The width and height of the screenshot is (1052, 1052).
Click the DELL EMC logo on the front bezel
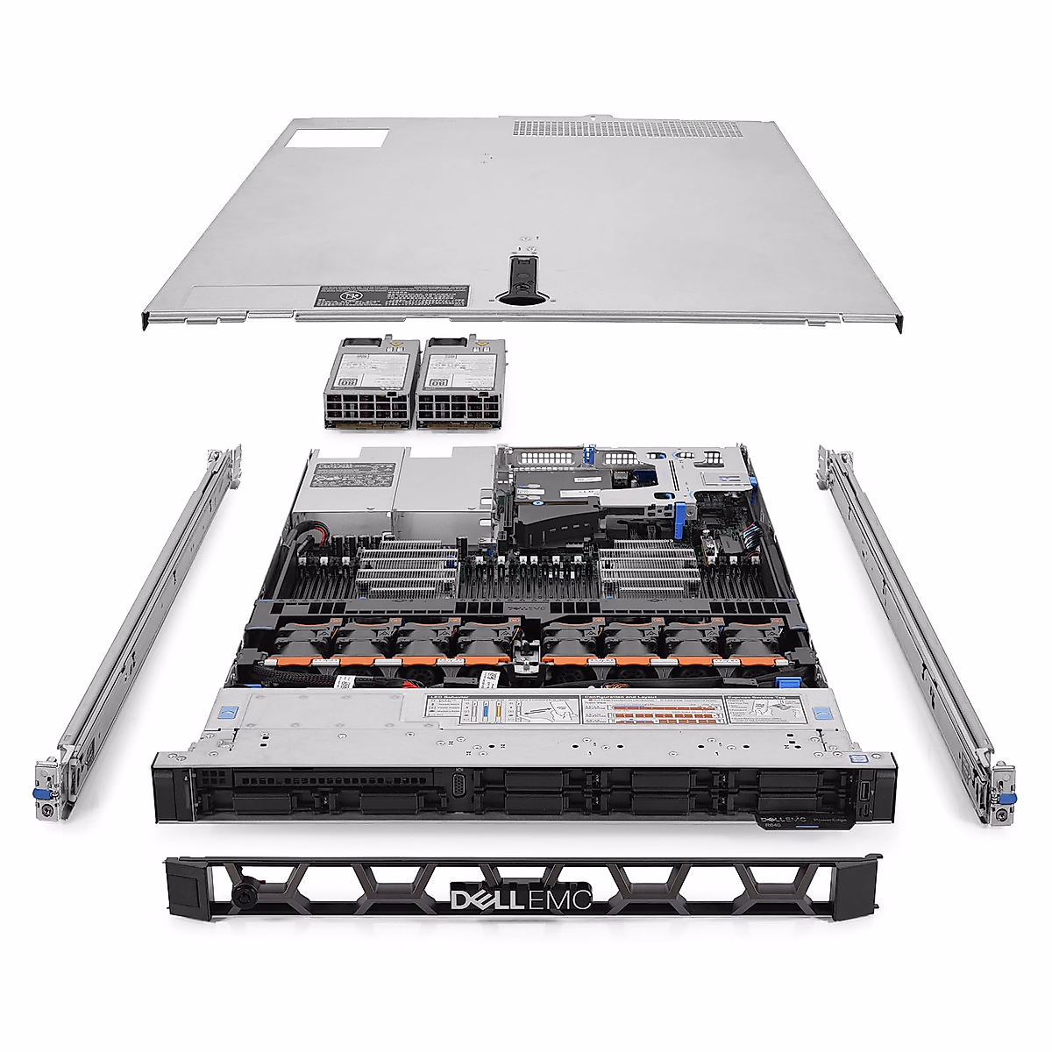point(521,899)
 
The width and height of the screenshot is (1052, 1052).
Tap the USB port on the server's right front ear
point(864,792)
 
